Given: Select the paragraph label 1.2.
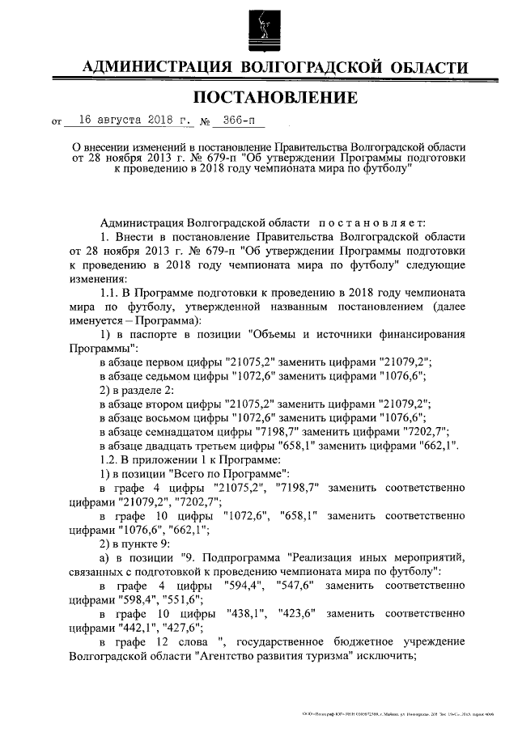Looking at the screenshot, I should click(x=109, y=459).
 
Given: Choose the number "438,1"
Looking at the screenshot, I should click(x=248, y=613).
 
